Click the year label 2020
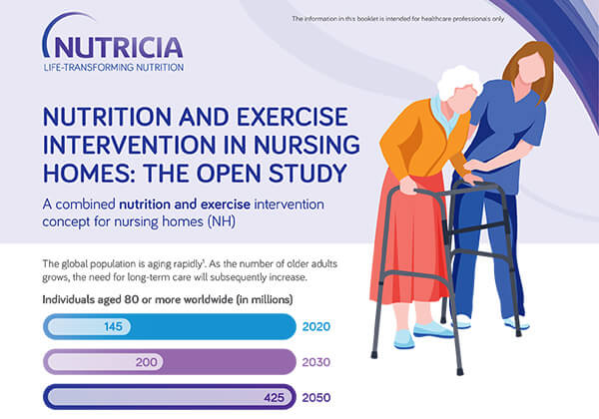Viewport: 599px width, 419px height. [315, 326]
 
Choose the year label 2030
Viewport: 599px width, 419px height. [315, 361]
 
